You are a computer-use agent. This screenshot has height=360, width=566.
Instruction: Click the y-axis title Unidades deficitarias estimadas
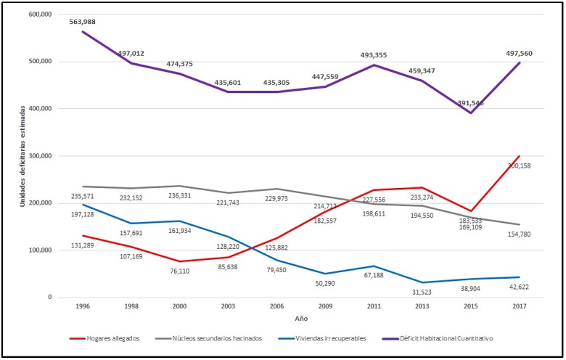tap(24, 155)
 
